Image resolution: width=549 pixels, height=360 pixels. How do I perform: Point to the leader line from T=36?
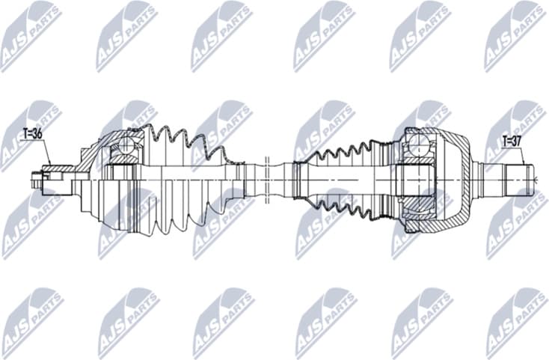click(46, 153)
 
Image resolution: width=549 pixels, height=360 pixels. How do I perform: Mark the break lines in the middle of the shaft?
click(266, 178)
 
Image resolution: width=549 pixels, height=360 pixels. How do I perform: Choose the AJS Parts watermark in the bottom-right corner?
click(515, 323)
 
